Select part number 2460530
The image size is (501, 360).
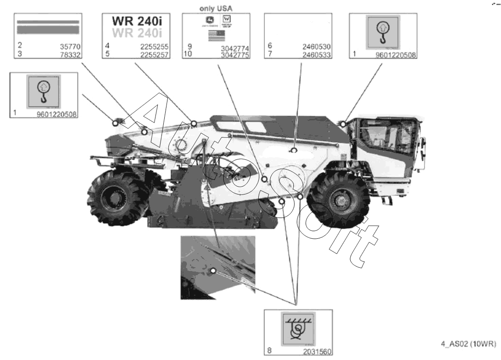point(318,47)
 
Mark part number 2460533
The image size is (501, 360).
point(318,54)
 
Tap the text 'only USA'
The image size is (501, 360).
point(216,8)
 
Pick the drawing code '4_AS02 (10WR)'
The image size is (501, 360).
point(469,344)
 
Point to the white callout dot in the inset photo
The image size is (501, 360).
point(213,271)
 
